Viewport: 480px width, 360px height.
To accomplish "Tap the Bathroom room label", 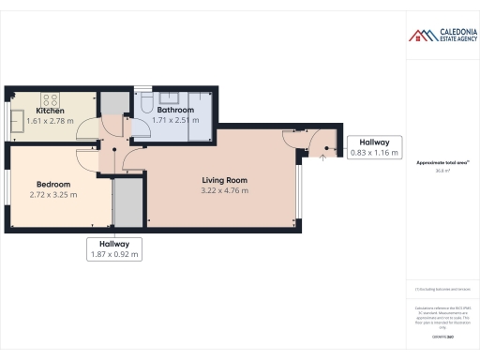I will coord(175,110).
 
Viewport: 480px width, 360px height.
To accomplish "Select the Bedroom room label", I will coord(54,184).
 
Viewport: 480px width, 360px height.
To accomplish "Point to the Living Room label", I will coord(224,179).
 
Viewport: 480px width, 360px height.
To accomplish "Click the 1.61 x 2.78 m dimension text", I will coord(50,121).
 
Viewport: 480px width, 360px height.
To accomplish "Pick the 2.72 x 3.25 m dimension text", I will coord(54,195).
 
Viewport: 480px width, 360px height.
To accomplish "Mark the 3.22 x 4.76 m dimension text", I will coord(224,190).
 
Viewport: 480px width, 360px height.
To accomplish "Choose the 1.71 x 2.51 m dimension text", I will coord(175,120).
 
